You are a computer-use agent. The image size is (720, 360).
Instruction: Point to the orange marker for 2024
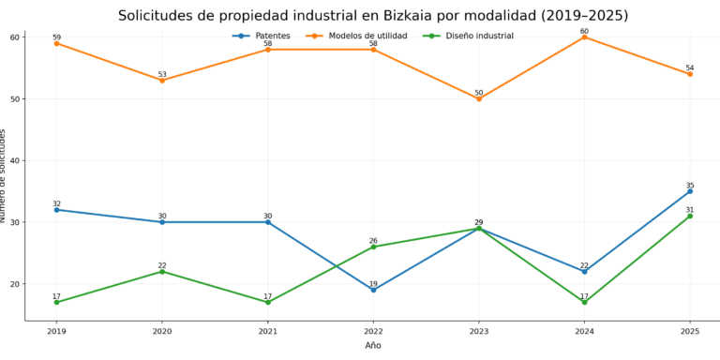pos(584,37)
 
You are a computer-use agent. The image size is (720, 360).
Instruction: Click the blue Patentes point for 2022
pos(373,290)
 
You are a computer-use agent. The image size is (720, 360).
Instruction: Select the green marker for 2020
pos(162,271)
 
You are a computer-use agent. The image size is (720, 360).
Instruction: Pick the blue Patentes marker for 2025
pos(690,191)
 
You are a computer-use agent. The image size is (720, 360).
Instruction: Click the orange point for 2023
pos(479,98)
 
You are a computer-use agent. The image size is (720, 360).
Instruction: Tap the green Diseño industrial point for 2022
pos(373,247)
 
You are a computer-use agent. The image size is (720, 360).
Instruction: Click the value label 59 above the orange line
pos(56,37)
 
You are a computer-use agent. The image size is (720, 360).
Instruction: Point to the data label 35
pos(690,186)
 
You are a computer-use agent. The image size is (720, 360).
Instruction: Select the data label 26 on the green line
pos(373,241)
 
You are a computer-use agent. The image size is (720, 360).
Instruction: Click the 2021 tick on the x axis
pos(267,331)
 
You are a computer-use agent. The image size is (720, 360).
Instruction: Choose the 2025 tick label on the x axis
pos(690,331)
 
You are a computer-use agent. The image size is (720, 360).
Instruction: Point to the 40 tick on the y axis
pos(16,160)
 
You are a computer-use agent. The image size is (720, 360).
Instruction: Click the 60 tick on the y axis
pos(16,37)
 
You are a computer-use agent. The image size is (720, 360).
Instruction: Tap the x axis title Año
pos(373,345)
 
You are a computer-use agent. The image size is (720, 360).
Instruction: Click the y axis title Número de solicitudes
pos(4,176)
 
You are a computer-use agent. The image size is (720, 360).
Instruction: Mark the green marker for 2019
pos(56,302)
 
